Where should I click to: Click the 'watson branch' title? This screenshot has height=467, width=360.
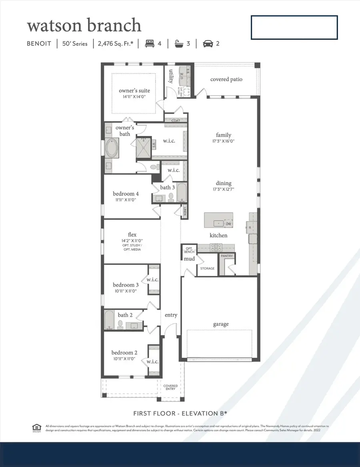coord(84,26)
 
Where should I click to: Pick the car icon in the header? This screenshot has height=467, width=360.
coord(208,43)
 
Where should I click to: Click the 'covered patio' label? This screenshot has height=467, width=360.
coord(226,79)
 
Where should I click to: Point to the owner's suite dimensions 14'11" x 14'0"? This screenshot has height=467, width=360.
coord(134,97)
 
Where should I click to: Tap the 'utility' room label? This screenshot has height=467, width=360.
coord(171,76)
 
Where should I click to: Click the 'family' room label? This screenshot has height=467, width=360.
coord(223,135)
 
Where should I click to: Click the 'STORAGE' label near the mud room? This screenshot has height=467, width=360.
coord(207,268)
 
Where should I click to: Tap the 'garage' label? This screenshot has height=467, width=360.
coord(221,324)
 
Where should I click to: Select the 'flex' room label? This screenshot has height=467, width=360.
coord(132,235)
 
